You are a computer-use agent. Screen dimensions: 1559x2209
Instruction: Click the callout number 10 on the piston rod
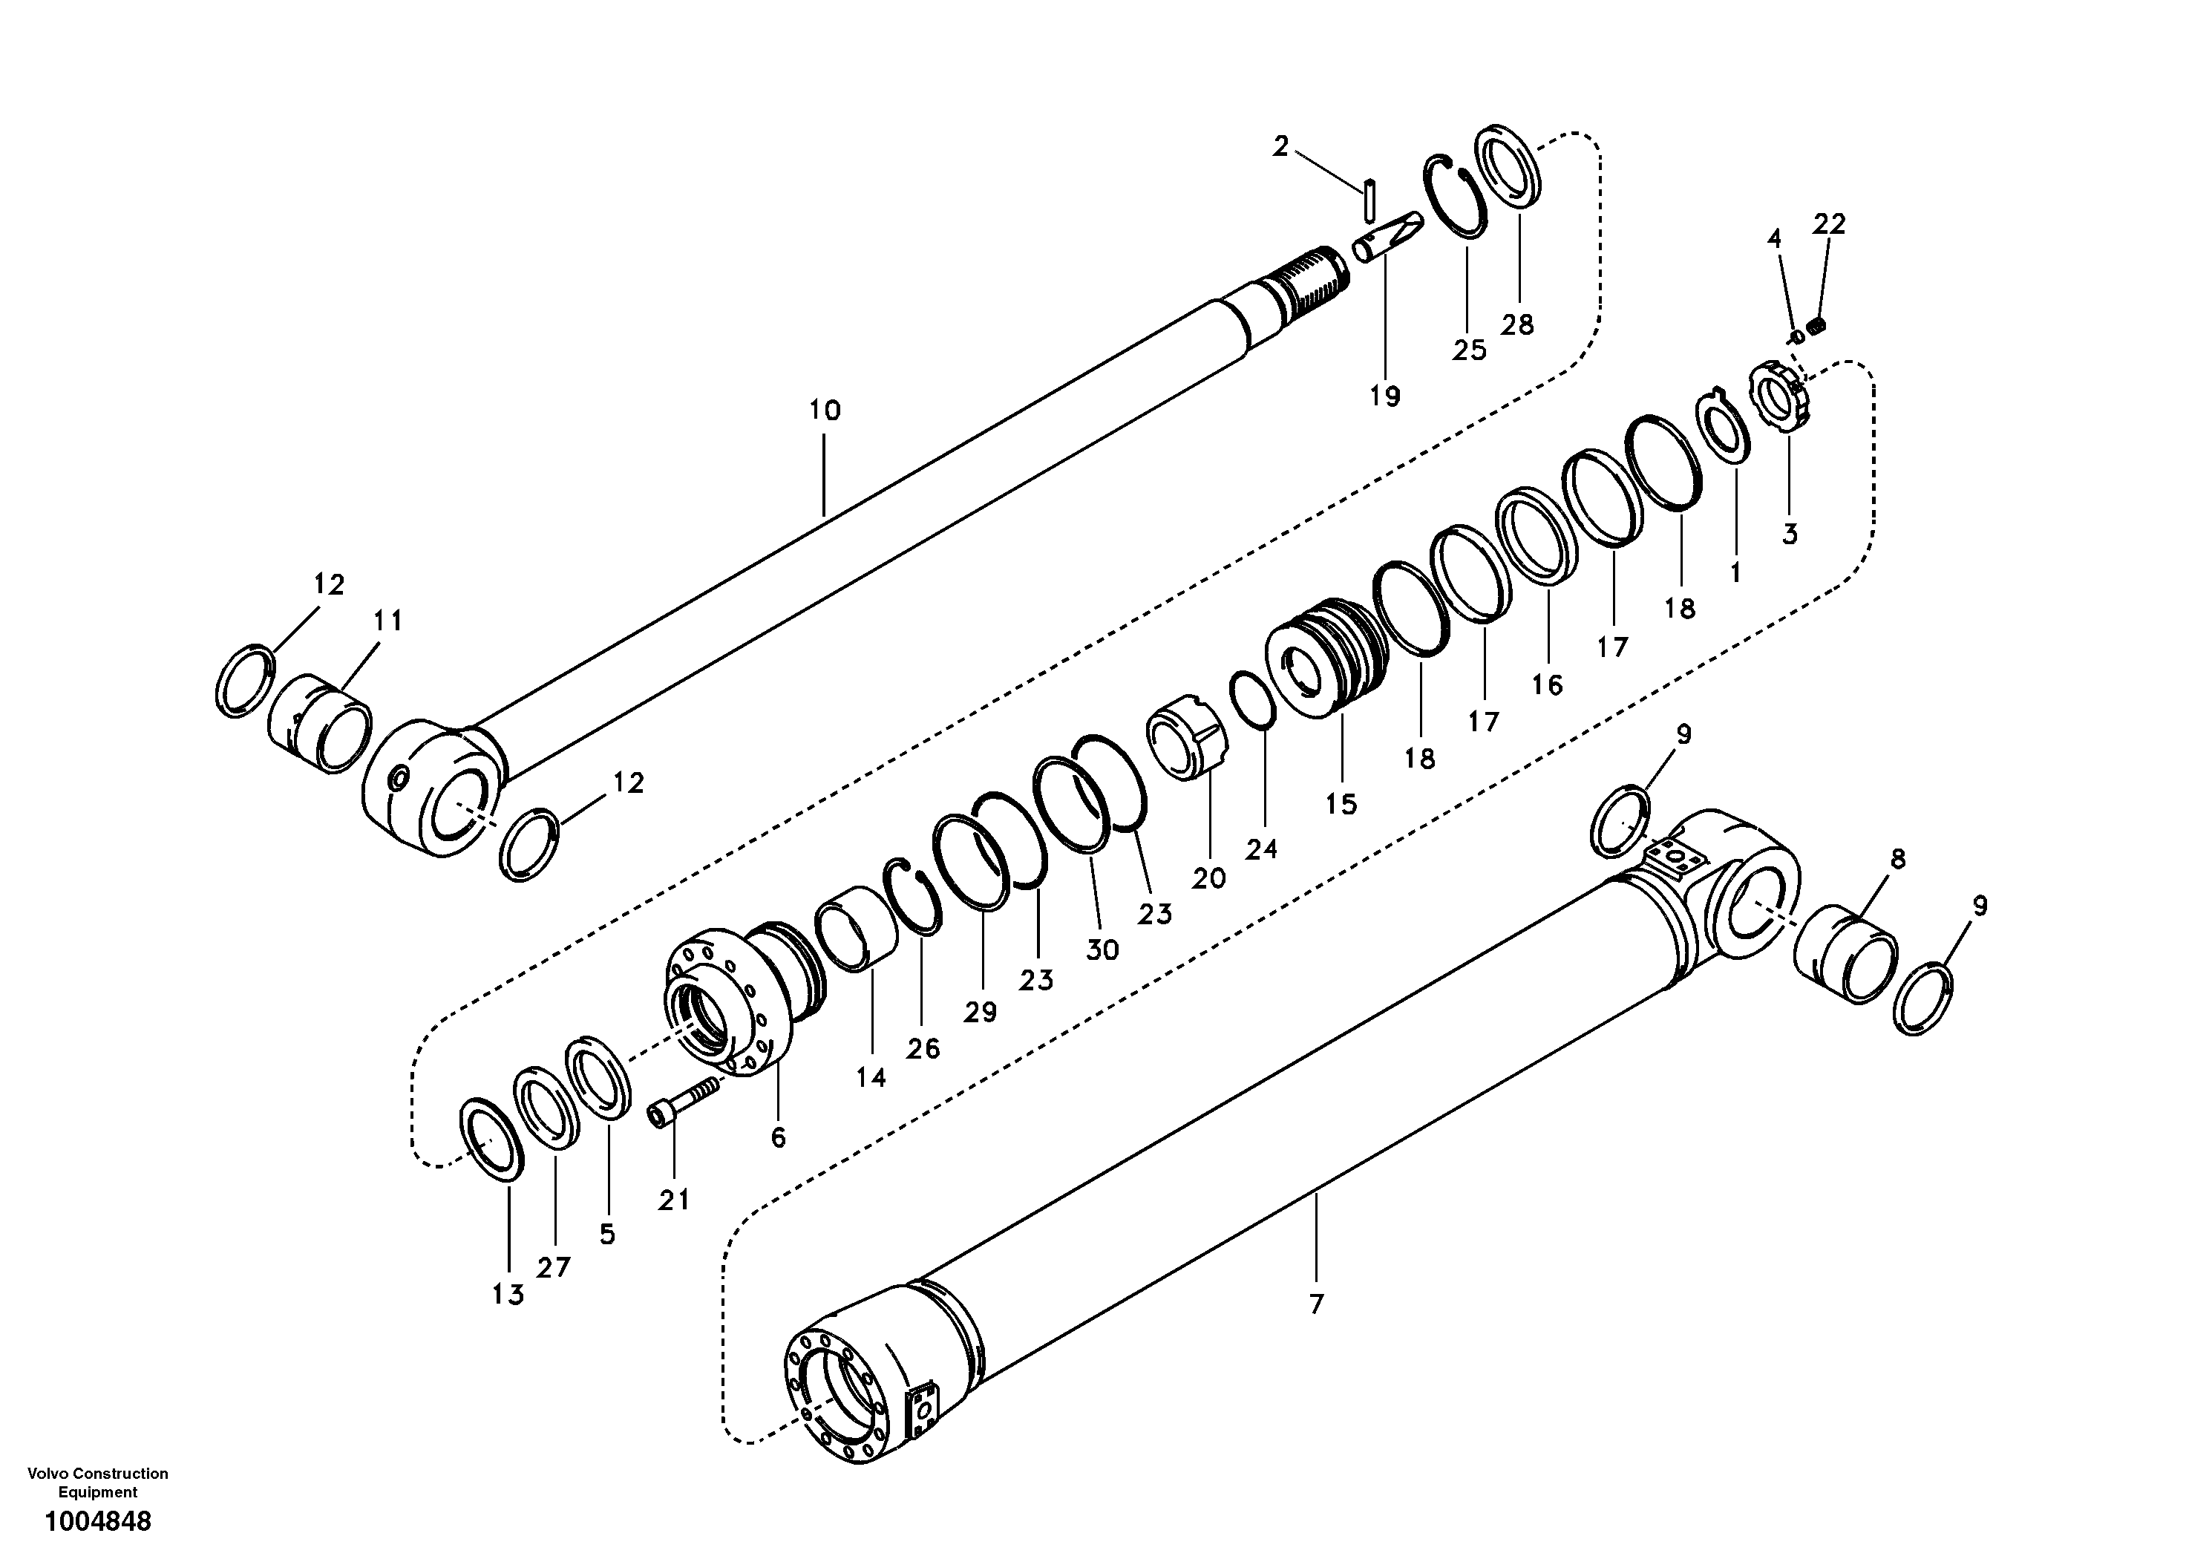click(825, 411)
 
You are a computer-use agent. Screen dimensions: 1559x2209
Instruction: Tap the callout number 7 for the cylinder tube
click(1316, 1305)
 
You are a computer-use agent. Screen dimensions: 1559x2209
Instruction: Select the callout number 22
click(1829, 224)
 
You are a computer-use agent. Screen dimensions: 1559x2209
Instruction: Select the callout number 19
click(1385, 396)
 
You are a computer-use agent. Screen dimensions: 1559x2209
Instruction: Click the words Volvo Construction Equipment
click(98, 1483)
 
